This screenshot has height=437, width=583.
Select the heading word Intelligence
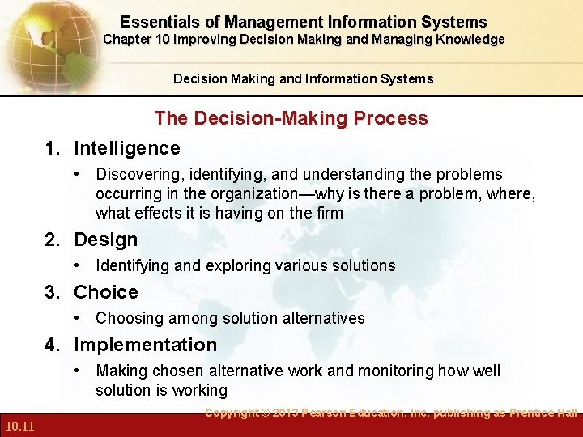click(x=126, y=148)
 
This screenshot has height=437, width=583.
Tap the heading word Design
click(x=105, y=240)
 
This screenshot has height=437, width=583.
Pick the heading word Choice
click(x=105, y=292)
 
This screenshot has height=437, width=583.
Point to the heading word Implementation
click(x=145, y=345)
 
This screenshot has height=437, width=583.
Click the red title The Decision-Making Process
click(x=291, y=118)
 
